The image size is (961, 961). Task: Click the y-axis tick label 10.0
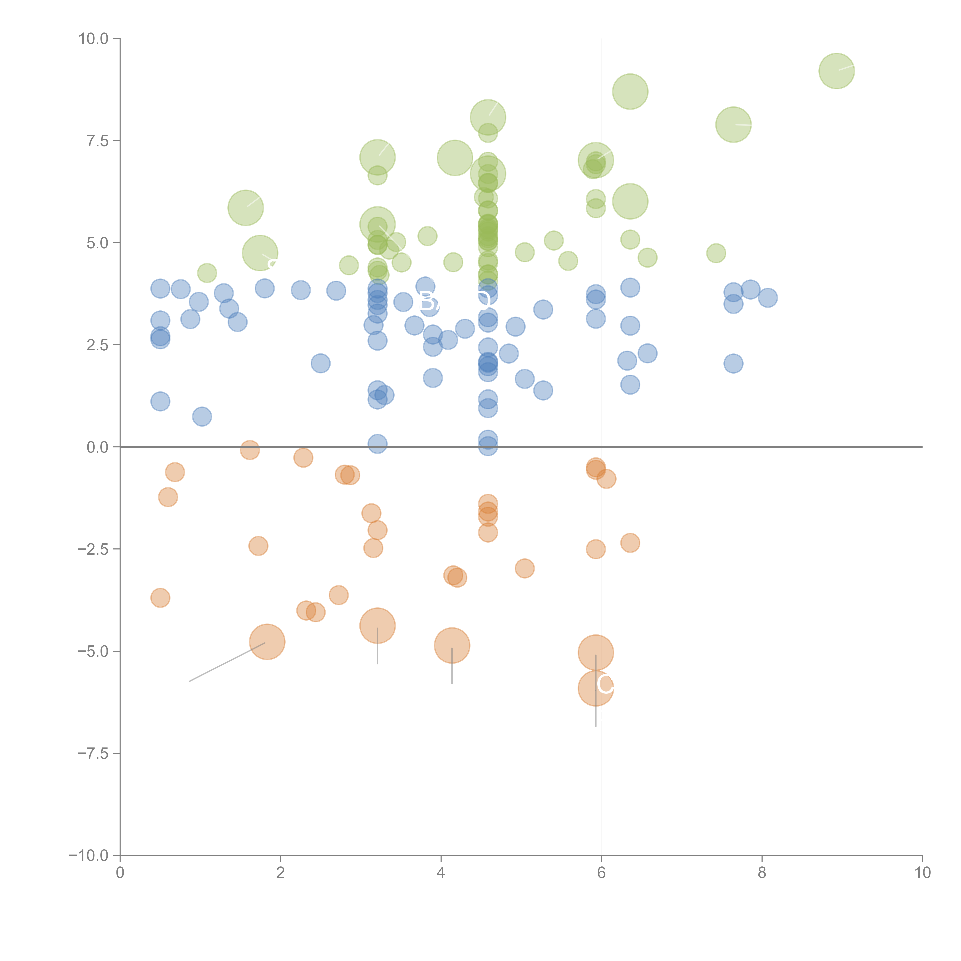tap(93, 39)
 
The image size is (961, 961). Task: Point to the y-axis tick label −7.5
tap(93, 753)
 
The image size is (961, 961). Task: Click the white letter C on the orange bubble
tap(605, 685)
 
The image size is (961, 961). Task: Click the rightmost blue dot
tap(768, 298)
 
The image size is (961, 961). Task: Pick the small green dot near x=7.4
tap(716, 253)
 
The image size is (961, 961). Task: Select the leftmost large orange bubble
tap(267, 642)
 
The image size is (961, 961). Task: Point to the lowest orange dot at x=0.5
tap(160, 598)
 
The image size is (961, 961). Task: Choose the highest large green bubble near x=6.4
tap(630, 91)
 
